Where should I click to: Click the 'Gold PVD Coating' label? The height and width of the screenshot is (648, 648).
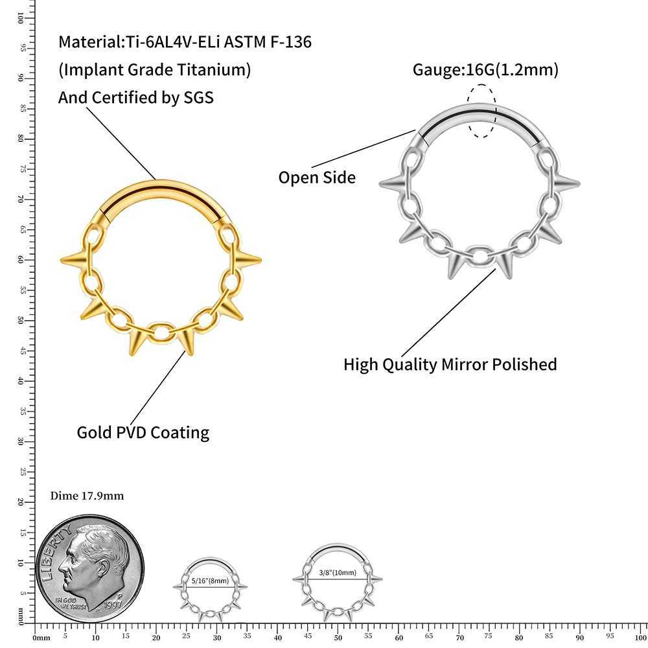[143, 432]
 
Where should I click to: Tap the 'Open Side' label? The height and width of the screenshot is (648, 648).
[317, 177]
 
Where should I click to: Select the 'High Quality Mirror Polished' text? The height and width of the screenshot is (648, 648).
[450, 364]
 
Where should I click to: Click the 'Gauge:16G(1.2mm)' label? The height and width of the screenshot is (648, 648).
[485, 69]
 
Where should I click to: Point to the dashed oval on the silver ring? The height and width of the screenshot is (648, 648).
[483, 111]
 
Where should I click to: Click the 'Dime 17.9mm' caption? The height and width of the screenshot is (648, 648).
[87, 496]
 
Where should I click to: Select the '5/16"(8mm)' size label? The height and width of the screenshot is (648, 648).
[209, 581]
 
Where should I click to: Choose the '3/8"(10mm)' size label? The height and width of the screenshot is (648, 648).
[338, 573]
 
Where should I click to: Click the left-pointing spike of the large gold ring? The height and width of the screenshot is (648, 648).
[73, 260]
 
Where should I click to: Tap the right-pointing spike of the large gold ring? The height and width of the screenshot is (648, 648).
[250, 260]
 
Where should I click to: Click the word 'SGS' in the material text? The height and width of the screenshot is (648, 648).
[196, 97]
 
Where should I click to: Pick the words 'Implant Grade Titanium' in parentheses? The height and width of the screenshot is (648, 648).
[154, 70]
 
